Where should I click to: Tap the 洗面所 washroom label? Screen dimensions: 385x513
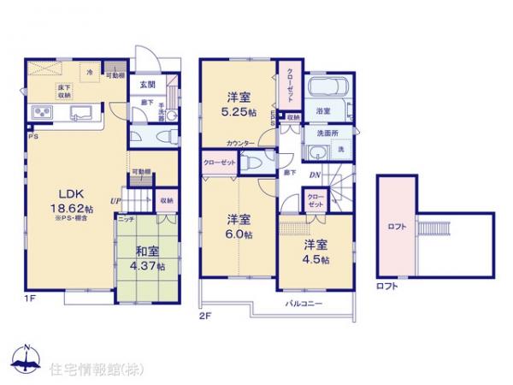[x=321, y=134]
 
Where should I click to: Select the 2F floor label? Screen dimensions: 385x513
[x=206, y=315]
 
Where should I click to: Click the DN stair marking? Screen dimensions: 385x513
[x=315, y=175]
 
